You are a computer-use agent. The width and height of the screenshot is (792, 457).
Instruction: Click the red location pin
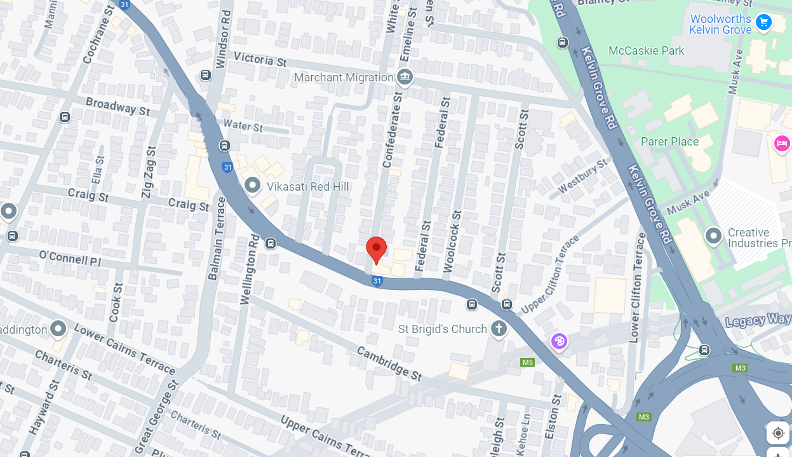click(376, 249)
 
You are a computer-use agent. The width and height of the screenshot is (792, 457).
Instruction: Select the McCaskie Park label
click(646, 51)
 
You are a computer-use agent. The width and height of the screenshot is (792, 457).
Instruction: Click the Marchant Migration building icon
click(405, 78)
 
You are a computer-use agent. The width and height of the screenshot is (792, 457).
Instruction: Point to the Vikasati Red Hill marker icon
click(253, 186)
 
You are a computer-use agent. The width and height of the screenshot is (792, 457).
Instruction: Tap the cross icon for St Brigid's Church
click(499, 329)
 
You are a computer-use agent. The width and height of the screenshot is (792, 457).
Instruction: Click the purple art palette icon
click(559, 342)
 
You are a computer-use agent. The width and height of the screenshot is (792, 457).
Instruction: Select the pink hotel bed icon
click(781, 144)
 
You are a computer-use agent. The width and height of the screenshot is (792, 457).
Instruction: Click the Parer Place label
click(669, 142)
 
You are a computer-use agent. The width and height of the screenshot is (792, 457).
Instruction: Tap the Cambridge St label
click(389, 363)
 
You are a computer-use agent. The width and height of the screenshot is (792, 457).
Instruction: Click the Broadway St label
click(117, 106)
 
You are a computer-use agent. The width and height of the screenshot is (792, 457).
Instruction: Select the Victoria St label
click(260, 60)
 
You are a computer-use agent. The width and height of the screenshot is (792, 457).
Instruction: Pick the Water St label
click(243, 126)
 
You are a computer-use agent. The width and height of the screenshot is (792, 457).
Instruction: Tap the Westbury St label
click(582, 177)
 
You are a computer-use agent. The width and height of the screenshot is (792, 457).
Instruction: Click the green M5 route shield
click(527, 362)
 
